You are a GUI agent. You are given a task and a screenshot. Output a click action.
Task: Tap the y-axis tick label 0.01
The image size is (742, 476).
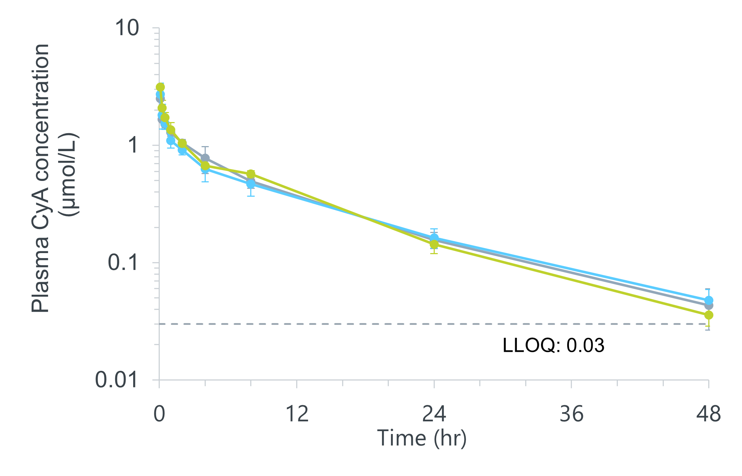coord(116,380)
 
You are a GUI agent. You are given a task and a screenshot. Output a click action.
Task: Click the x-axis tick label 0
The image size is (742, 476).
coord(159,414)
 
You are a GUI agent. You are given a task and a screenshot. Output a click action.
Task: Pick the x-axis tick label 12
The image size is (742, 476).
coord(297,414)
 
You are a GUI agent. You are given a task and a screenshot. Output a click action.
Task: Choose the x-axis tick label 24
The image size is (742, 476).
coord(434,414)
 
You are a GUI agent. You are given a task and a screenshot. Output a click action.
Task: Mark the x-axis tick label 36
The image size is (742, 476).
coord(571,414)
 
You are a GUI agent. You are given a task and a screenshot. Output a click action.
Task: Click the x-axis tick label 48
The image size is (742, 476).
coord(708,414)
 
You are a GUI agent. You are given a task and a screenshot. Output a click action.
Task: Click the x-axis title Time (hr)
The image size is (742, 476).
coord(422,438)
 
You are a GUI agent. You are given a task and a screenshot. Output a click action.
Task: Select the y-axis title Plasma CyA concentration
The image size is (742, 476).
coord(40,178)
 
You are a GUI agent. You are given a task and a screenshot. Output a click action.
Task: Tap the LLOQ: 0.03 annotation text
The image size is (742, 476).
coord(553,345)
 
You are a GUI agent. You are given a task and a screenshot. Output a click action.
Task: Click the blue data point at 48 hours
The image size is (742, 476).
coord(709,300)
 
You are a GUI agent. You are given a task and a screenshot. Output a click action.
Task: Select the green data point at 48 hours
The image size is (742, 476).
coord(709,315)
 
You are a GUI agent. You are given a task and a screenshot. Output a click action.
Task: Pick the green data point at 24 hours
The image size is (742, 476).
coord(434,244)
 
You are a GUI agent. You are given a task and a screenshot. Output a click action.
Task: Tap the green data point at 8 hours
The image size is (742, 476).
coord(251,174)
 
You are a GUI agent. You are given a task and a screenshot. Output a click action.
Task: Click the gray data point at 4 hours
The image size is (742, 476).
coord(205,158)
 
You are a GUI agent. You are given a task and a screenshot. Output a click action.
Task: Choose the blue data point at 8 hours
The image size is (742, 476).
coord(251,184)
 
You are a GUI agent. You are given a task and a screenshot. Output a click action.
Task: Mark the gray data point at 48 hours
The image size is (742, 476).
coord(709,305)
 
